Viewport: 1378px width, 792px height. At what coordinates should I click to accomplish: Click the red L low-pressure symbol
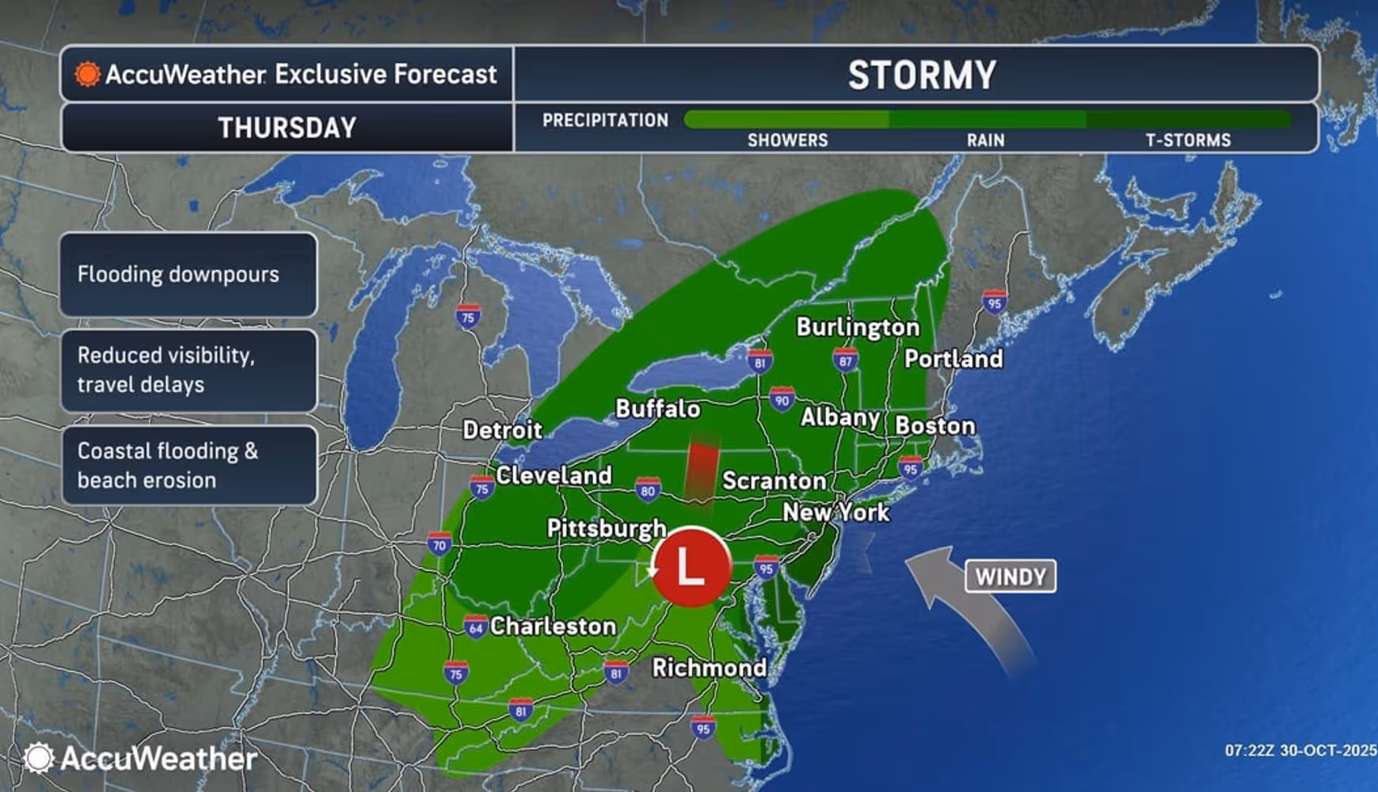point(691,567)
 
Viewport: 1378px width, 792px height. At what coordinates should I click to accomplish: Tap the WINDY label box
point(1011,577)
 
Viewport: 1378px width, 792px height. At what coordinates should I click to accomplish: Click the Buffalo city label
point(657,409)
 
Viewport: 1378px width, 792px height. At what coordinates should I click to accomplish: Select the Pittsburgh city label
point(607,528)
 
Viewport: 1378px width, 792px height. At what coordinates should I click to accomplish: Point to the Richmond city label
point(709,668)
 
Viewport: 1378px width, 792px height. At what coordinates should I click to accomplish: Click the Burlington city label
point(858,327)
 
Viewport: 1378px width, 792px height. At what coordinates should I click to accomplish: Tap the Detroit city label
point(502,430)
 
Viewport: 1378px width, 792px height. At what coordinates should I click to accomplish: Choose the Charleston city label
point(553,626)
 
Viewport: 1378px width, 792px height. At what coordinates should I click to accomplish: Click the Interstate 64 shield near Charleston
point(475,627)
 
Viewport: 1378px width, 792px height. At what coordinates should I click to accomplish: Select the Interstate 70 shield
point(440,544)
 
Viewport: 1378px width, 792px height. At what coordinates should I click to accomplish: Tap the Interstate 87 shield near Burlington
point(845,360)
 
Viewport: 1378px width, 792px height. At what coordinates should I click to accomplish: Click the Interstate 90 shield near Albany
point(782,399)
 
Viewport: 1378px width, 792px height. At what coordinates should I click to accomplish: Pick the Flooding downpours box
point(188,275)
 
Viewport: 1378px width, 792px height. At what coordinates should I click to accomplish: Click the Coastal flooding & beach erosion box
point(188,466)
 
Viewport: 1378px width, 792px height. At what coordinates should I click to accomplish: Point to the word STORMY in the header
point(922,75)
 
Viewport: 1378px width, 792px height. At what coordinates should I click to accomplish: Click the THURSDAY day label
point(287,128)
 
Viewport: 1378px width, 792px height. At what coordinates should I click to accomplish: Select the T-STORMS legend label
point(1188,140)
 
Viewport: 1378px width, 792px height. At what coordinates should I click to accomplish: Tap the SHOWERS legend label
point(787,140)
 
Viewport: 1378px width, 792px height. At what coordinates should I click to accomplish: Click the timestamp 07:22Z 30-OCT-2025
point(1300,750)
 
